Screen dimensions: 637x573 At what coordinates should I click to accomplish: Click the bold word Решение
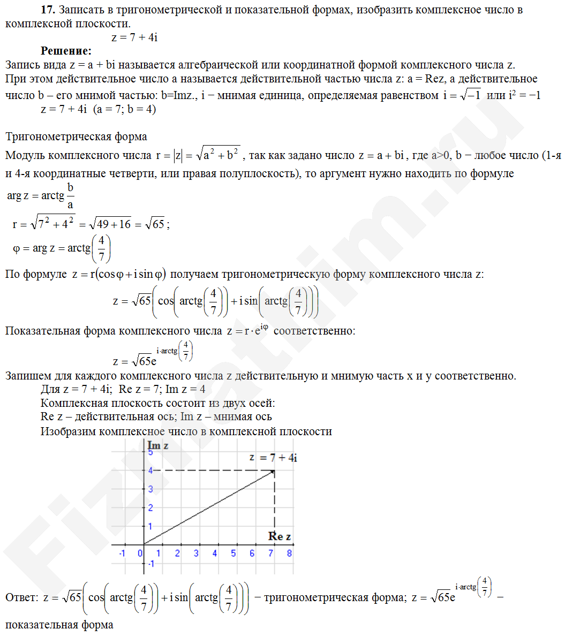[x=66, y=51]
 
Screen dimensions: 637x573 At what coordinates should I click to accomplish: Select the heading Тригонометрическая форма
[x=76, y=136]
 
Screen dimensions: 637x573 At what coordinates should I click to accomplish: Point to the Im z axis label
[x=158, y=445]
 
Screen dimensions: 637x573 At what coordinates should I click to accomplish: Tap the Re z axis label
[x=280, y=536]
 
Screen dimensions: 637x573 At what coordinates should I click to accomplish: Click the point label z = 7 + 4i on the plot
[x=273, y=458]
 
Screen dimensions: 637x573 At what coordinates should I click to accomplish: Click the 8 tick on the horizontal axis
[x=289, y=553]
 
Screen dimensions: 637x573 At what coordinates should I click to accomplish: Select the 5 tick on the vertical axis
[x=150, y=452]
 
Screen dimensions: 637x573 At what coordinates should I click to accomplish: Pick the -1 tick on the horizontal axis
[x=122, y=553]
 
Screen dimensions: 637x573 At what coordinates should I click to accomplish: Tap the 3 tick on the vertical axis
[x=150, y=489]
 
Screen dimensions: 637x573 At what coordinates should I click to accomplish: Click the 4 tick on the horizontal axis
[x=215, y=553]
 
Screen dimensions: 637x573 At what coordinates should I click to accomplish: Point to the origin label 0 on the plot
[x=140, y=553]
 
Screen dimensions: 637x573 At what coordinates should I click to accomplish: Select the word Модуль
[x=25, y=155]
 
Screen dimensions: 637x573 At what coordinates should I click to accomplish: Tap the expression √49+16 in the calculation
[x=110, y=224]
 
